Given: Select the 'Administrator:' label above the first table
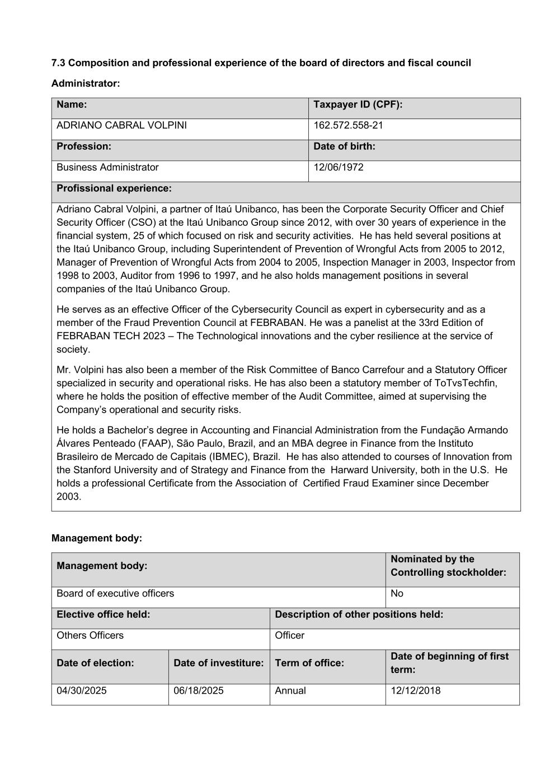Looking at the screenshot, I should pos(86,84).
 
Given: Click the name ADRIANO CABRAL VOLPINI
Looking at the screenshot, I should pos(121,125).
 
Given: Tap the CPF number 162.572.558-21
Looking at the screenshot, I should pos(348,125).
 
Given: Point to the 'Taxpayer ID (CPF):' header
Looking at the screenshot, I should pos(358,105).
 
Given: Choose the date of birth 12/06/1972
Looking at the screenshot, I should pos(338,167).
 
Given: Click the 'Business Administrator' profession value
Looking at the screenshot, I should pos(107,167).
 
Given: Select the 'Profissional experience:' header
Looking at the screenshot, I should pos(114,188).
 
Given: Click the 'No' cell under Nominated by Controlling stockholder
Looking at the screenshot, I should pos(397,594).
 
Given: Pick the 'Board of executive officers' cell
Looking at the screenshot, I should pos(115,594).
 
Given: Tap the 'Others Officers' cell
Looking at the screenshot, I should pos(90,636).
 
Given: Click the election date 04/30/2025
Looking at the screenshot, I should pos(81,691).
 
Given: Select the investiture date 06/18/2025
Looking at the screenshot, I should pos(198,691).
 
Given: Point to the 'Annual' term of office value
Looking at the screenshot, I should pos(290,691).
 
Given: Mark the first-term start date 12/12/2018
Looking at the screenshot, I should pos(415,691).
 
